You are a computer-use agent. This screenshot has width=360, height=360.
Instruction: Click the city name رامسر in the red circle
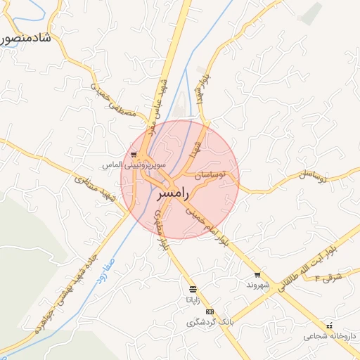[168, 192]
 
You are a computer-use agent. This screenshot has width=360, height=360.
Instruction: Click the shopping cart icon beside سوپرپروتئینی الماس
[134, 155]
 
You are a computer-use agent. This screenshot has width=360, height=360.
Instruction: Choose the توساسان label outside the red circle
[314, 176]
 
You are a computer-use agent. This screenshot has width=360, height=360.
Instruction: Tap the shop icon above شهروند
[258, 275]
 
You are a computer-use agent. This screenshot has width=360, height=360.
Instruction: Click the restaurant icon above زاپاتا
[193, 289]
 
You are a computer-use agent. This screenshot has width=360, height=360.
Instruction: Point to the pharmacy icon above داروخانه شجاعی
[330, 326]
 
